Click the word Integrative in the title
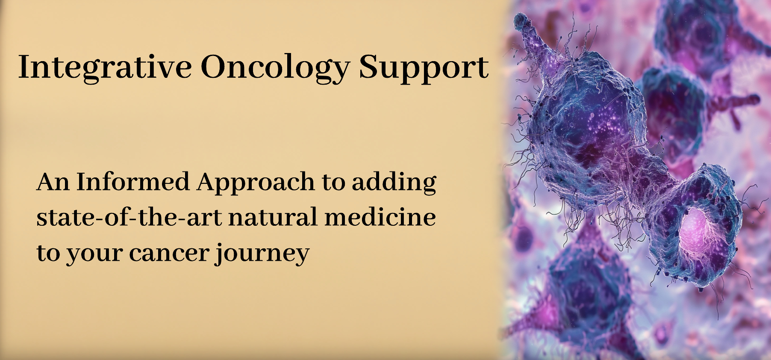coord(105,68)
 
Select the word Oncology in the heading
coord(276,68)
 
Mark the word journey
coord(262,254)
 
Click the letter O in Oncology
coord(215,67)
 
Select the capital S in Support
coord(368,67)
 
